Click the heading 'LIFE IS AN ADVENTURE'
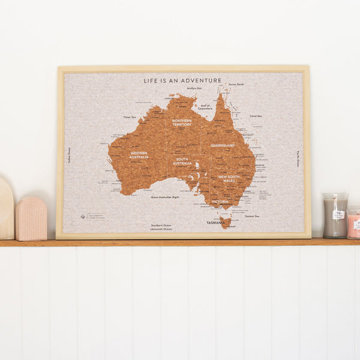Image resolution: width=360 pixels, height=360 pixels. [x=182, y=80]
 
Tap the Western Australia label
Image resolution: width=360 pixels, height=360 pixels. [x=139, y=154]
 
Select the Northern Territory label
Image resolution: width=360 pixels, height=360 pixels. [x=182, y=122]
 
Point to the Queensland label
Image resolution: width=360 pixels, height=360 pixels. [x=222, y=145]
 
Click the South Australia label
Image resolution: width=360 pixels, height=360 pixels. [x=182, y=161]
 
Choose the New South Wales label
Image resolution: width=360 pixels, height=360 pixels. [x=229, y=179]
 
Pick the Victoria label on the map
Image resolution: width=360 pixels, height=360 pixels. [x=219, y=202]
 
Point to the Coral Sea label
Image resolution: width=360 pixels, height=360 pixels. [x=256, y=116]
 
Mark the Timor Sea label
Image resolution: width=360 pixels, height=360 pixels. [x=130, y=117]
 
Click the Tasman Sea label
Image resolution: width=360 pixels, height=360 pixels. [x=252, y=216]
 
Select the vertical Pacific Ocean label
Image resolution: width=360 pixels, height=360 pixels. [x=298, y=158]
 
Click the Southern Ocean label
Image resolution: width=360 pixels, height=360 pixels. [x=161, y=227]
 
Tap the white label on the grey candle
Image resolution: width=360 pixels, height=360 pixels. [x=338, y=214]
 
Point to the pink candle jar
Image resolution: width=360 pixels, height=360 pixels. [x=354, y=223]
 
